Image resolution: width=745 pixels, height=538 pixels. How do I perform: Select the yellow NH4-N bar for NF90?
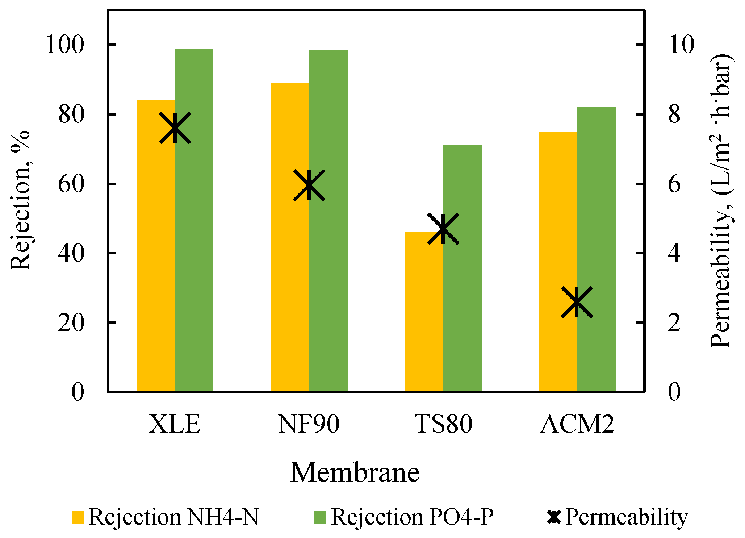pyautogui.click(x=290, y=237)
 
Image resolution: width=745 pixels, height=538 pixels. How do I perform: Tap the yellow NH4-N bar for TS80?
pyautogui.click(x=423, y=312)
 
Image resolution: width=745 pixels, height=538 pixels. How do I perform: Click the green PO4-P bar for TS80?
pyautogui.click(x=462, y=268)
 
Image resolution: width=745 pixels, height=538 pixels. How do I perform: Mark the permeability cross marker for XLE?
pyautogui.click(x=175, y=128)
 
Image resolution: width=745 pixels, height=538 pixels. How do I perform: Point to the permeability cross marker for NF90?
pyautogui.click(x=309, y=185)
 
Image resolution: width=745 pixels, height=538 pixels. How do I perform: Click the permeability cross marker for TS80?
pyautogui.click(x=443, y=229)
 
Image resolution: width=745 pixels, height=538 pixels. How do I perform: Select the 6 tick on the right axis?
pyautogui.click(x=674, y=184)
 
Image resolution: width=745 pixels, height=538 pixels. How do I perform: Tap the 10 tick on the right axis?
pyautogui.click(x=681, y=45)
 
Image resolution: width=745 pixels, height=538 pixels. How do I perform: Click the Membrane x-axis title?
pyautogui.click(x=355, y=472)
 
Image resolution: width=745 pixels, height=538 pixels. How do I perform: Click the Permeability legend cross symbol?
pyautogui.click(x=554, y=517)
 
